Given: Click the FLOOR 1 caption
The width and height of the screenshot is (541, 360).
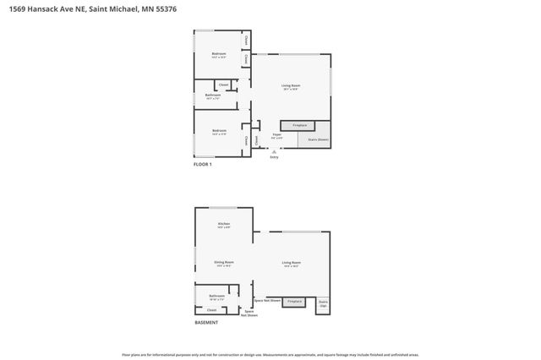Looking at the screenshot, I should click(203, 164).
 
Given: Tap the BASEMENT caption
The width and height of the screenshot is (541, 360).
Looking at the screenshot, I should click(206, 323).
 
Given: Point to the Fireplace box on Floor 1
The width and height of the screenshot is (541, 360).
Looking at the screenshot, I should click(299, 125).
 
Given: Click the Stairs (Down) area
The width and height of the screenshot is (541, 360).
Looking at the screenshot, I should click(317, 139).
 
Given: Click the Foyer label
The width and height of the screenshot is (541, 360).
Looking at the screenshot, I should click(276, 135).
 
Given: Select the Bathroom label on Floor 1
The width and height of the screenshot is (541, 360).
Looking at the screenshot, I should click(212, 95).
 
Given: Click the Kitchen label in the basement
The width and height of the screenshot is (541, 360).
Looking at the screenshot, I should click(224, 223).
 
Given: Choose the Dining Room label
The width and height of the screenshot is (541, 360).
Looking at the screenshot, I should click(224, 263).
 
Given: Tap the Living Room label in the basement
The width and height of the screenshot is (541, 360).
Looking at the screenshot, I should click(292, 263).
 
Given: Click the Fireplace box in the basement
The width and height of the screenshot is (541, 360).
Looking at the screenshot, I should click(294, 301).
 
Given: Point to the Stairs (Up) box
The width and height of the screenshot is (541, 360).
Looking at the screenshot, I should click(322, 303).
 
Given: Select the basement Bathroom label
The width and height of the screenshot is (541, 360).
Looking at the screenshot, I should click(216, 296).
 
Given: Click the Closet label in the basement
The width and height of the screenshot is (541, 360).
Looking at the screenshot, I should click(211, 310).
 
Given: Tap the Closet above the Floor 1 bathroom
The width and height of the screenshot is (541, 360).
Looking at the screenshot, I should click(224, 85).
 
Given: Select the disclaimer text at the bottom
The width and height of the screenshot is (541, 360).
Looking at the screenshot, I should click(270, 355).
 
